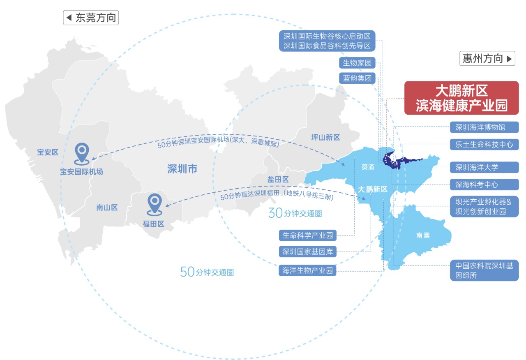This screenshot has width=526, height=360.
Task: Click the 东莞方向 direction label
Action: click(x=91, y=18)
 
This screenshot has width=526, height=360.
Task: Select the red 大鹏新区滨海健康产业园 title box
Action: click(x=461, y=97)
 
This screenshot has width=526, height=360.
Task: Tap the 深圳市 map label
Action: click(x=182, y=168)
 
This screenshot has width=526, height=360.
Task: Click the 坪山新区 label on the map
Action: click(x=325, y=137)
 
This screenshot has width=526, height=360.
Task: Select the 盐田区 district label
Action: click(x=278, y=179)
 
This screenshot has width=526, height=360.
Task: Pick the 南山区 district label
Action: click(x=107, y=208)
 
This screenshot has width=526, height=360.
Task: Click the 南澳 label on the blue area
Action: click(x=423, y=235)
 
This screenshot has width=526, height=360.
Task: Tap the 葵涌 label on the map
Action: click(x=368, y=167)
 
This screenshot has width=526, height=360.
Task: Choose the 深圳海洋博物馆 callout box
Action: click(x=484, y=127)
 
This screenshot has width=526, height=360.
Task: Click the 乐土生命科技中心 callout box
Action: click(x=484, y=145)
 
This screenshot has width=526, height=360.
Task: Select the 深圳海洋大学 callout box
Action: click(x=484, y=167)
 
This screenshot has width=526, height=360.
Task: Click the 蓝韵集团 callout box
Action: click(x=357, y=78)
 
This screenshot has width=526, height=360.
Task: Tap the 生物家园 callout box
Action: click(x=357, y=63)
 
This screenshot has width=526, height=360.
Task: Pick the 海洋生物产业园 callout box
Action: click(x=307, y=270)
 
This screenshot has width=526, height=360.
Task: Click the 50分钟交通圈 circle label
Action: click(x=207, y=272)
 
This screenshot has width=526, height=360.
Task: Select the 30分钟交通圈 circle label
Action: click(x=295, y=213)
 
